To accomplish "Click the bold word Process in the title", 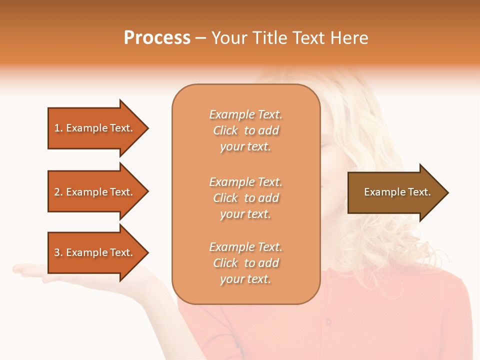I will (157, 38).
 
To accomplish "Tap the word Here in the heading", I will (349, 38).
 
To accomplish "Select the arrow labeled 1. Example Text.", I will (95, 128).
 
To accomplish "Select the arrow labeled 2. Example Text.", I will (95, 192).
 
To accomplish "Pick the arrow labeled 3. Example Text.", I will (95, 252).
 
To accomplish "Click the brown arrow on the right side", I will (395, 192).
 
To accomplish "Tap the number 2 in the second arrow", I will (57, 192).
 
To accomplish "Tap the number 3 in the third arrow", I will (57, 252).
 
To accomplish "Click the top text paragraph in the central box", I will (245, 130).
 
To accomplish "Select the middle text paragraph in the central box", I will (245, 198).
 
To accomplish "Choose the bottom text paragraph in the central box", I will (245, 263).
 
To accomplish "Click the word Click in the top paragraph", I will (225, 130).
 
